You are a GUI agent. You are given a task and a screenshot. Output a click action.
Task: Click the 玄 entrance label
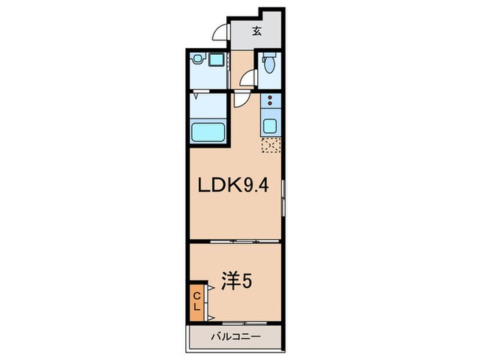[x=256, y=31]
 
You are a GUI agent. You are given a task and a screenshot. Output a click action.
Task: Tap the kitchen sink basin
[x=270, y=125]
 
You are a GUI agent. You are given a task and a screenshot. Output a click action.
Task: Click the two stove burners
[x=270, y=102]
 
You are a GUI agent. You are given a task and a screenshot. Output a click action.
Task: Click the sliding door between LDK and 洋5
[x=235, y=241]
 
